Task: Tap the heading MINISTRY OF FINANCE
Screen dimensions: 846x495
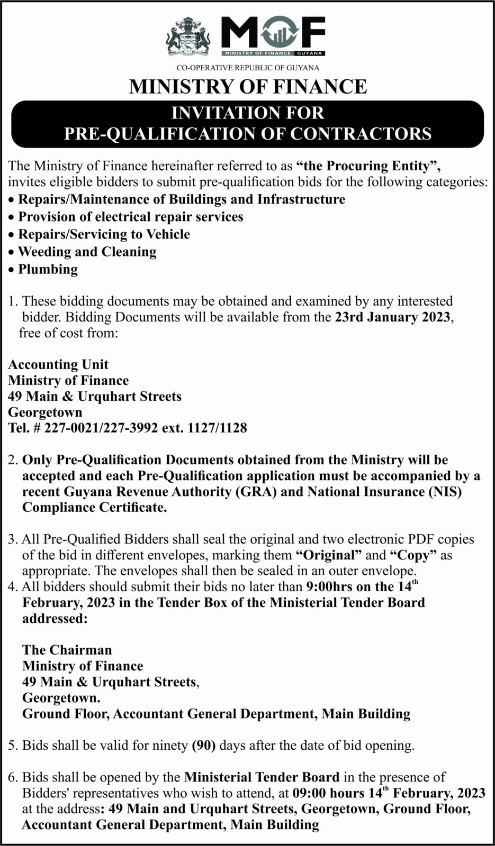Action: (x=248, y=87)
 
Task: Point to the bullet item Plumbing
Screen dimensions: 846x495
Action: (x=48, y=269)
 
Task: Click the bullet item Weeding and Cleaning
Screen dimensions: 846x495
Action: (x=87, y=252)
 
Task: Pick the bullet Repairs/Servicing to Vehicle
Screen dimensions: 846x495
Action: (x=104, y=234)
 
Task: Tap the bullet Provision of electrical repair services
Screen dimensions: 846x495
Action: (x=131, y=217)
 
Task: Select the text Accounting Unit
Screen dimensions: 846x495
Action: (x=58, y=364)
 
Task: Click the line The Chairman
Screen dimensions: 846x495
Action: (x=67, y=650)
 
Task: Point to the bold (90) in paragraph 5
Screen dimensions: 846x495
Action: (x=204, y=746)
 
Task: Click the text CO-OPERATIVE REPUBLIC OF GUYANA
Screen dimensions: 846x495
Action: (x=248, y=68)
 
